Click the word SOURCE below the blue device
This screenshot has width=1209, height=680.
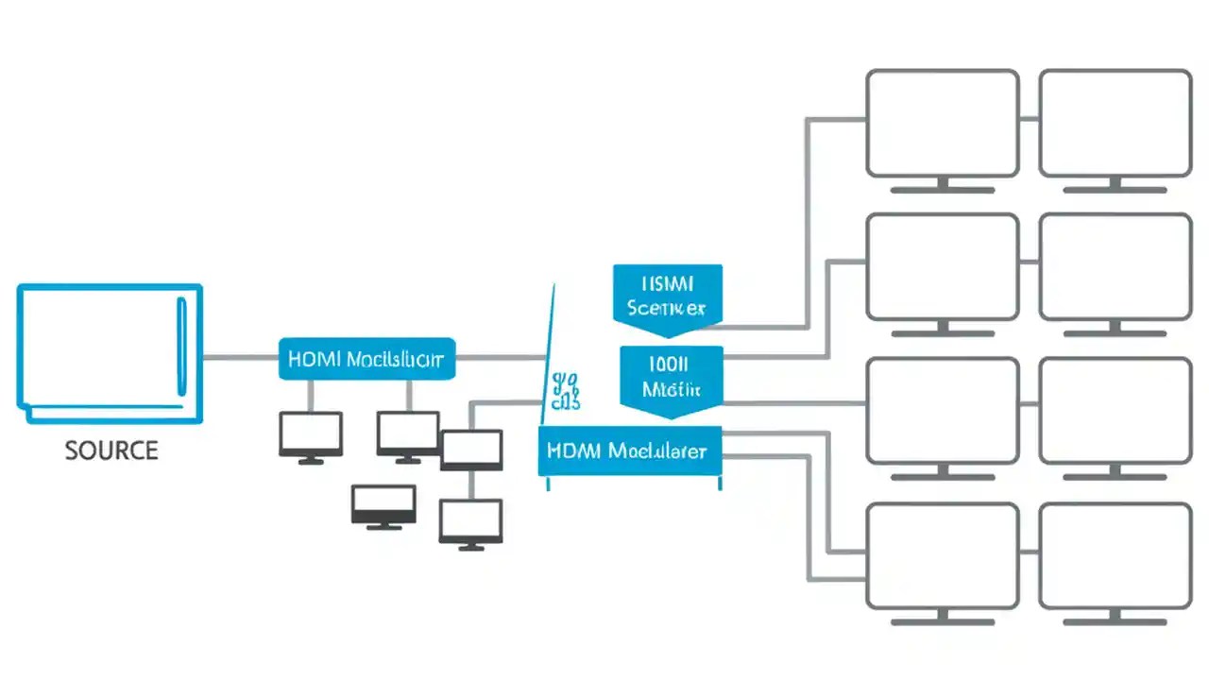[x=111, y=450]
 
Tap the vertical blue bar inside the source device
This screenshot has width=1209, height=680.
[x=182, y=347]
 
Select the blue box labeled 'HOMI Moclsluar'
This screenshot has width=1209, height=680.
[x=366, y=359]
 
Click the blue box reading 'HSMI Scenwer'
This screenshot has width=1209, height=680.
[x=667, y=296]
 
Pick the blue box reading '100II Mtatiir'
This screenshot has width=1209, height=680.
[x=671, y=377]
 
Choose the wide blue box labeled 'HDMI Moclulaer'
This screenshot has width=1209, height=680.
[x=629, y=450]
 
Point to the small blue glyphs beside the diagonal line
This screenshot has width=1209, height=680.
[x=566, y=392]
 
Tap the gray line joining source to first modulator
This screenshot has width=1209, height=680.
[x=241, y=358]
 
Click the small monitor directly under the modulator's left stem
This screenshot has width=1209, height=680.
[x=311, y=434]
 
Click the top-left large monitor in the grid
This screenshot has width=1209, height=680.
[x=942, y=123]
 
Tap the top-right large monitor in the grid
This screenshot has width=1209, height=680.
[x=1115, y=123]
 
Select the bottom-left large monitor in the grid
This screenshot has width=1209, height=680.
[x=942, y=556]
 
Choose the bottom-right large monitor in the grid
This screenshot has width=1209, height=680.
[x=1115, y=556]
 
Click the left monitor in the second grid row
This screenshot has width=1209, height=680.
[x=942, y=267]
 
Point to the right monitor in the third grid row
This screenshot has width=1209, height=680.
[x=1115, y=411]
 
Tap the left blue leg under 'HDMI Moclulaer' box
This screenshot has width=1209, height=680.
[x=548, y=483]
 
